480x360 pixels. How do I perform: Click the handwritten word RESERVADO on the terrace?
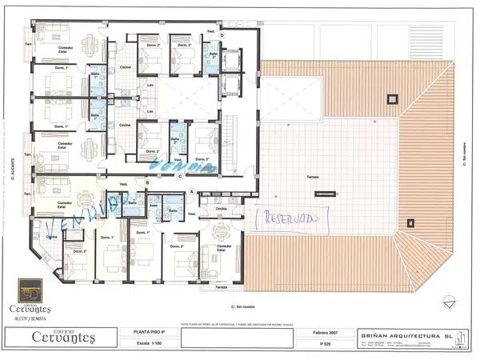(290, 218)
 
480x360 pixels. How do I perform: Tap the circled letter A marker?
(192, 190)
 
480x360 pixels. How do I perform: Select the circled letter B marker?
(147, 182)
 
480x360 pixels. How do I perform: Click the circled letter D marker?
(222, 36)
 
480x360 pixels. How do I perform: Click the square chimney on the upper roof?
(391, 99)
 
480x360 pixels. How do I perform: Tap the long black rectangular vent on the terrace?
(324, 194)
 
